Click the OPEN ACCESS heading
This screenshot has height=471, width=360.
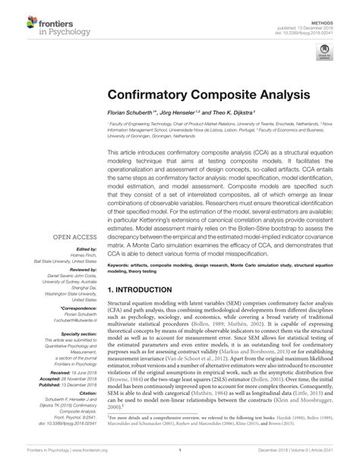71,237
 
